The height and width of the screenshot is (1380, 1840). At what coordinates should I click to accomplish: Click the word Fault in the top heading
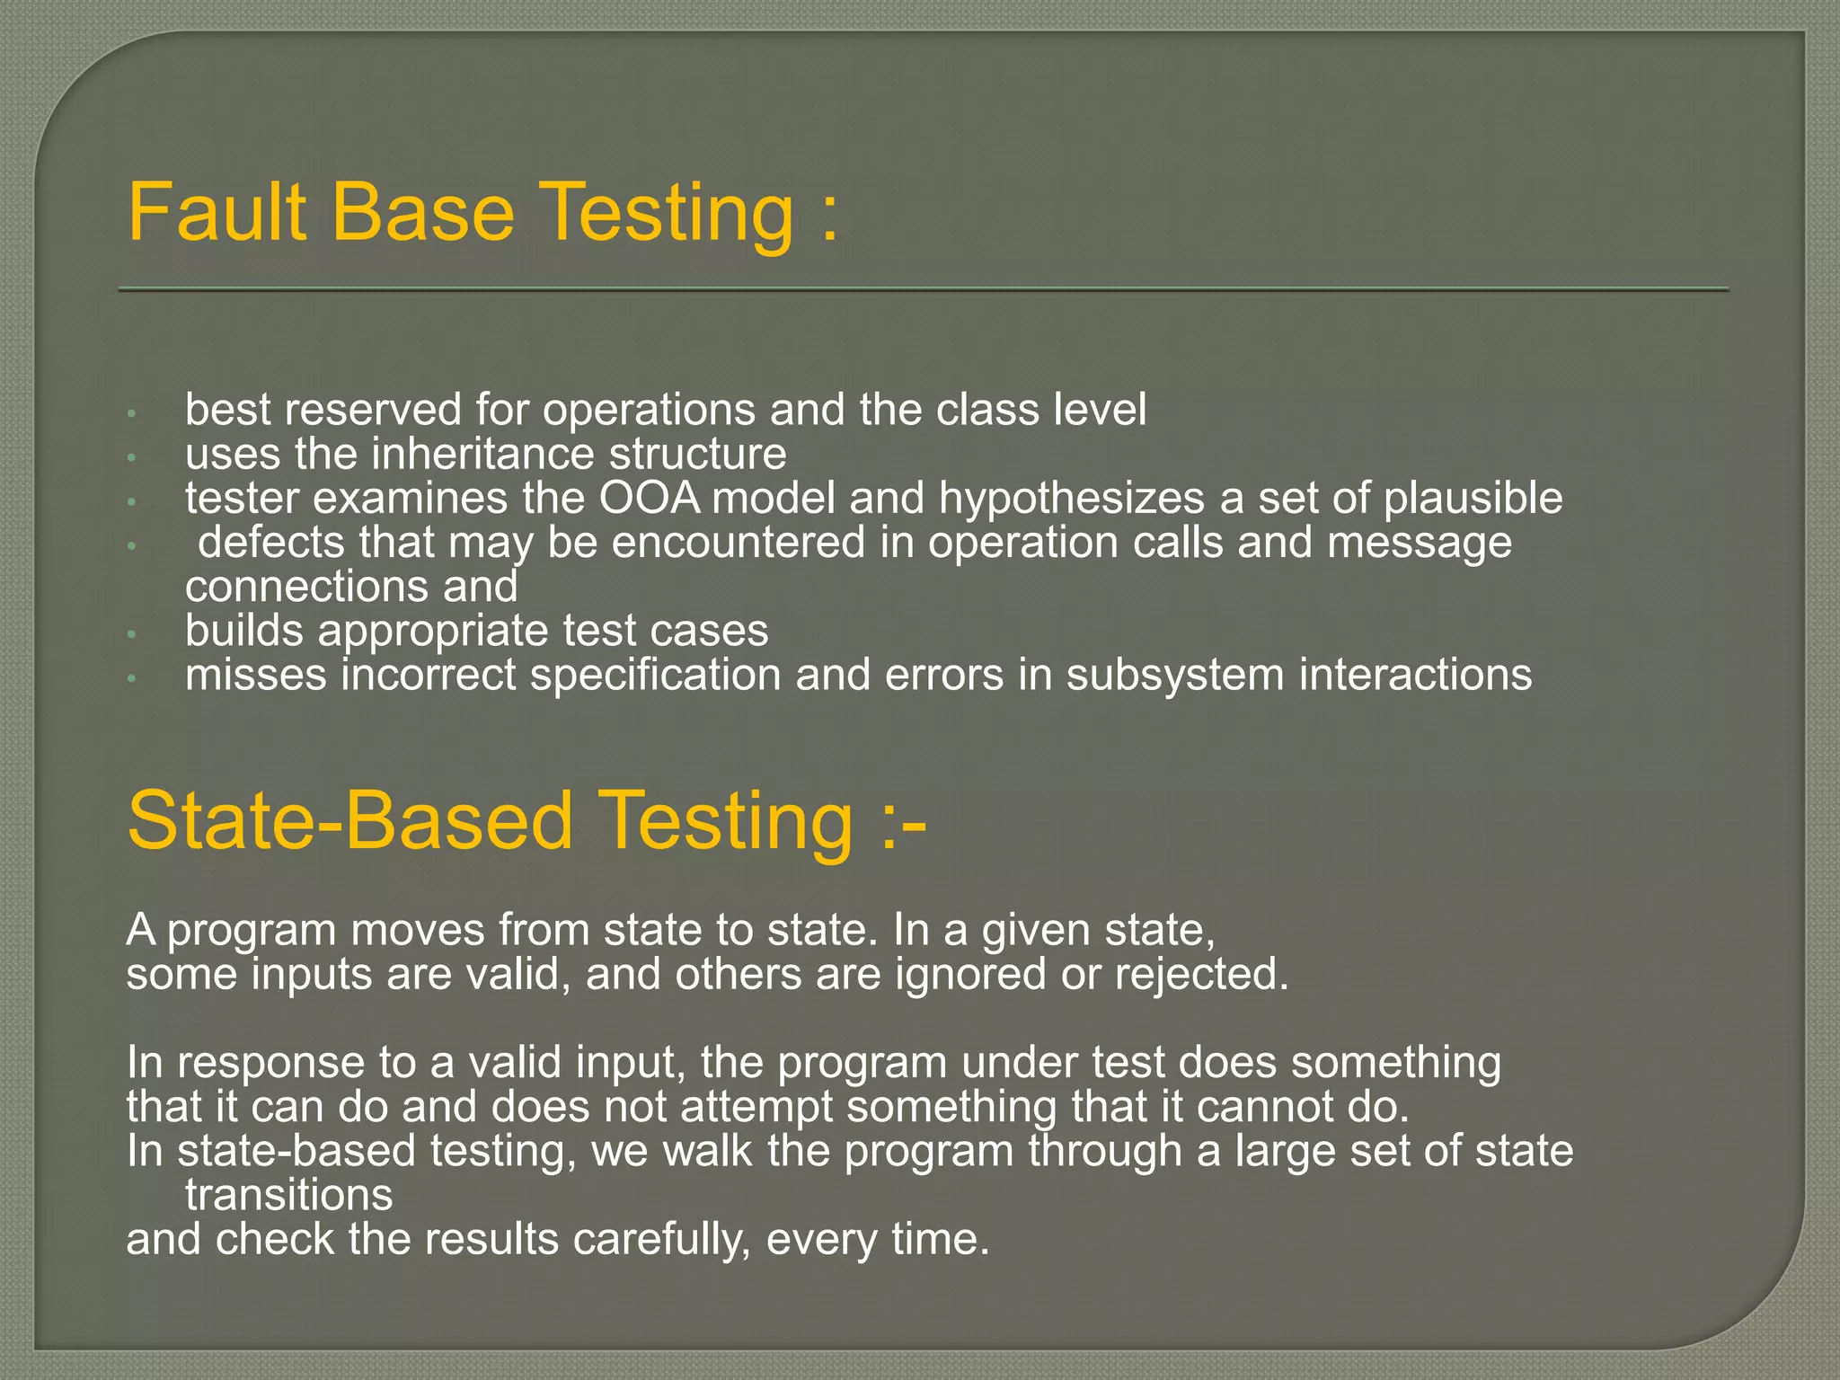click(x=217, y=212)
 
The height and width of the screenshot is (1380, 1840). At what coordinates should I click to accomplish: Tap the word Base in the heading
click(x=423, y=212)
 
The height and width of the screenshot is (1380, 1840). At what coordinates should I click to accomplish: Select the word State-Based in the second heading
click(x=349, y=820)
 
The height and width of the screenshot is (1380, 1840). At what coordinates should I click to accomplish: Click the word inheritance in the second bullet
click(x=482, y=454)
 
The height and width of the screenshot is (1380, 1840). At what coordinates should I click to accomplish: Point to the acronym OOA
click(x=650, y=498)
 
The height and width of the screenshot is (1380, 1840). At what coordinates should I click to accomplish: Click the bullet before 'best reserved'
click(x=131, y=413)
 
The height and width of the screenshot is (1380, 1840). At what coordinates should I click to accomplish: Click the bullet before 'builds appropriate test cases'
click(x=131, y=634)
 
